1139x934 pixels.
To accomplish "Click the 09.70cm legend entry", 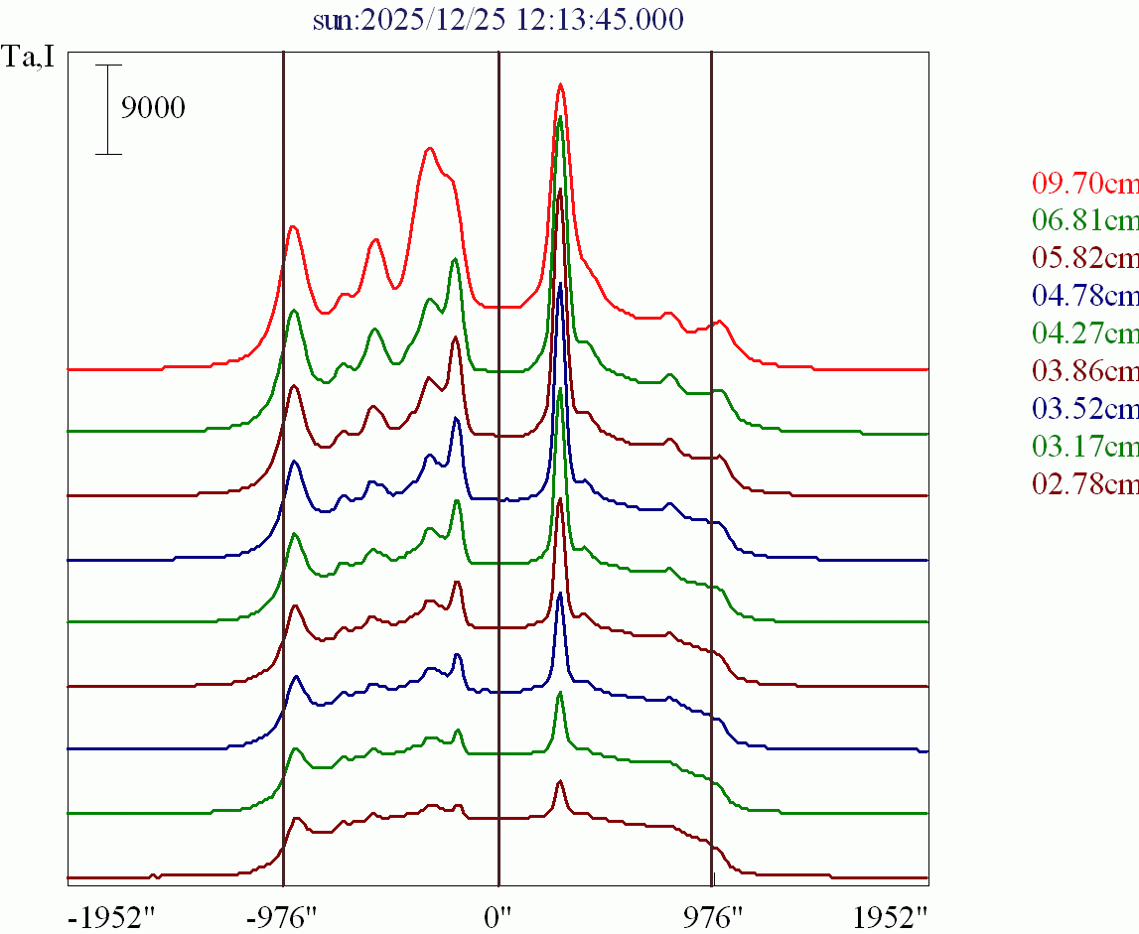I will [x=1084, y=183].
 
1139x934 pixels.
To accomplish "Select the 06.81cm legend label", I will [x=1084, y=220].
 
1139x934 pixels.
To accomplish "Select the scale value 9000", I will [x=153, y=108].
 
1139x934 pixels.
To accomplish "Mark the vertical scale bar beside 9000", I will [x=108, y=109].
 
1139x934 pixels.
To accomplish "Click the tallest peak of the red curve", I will [x=560, y=85].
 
